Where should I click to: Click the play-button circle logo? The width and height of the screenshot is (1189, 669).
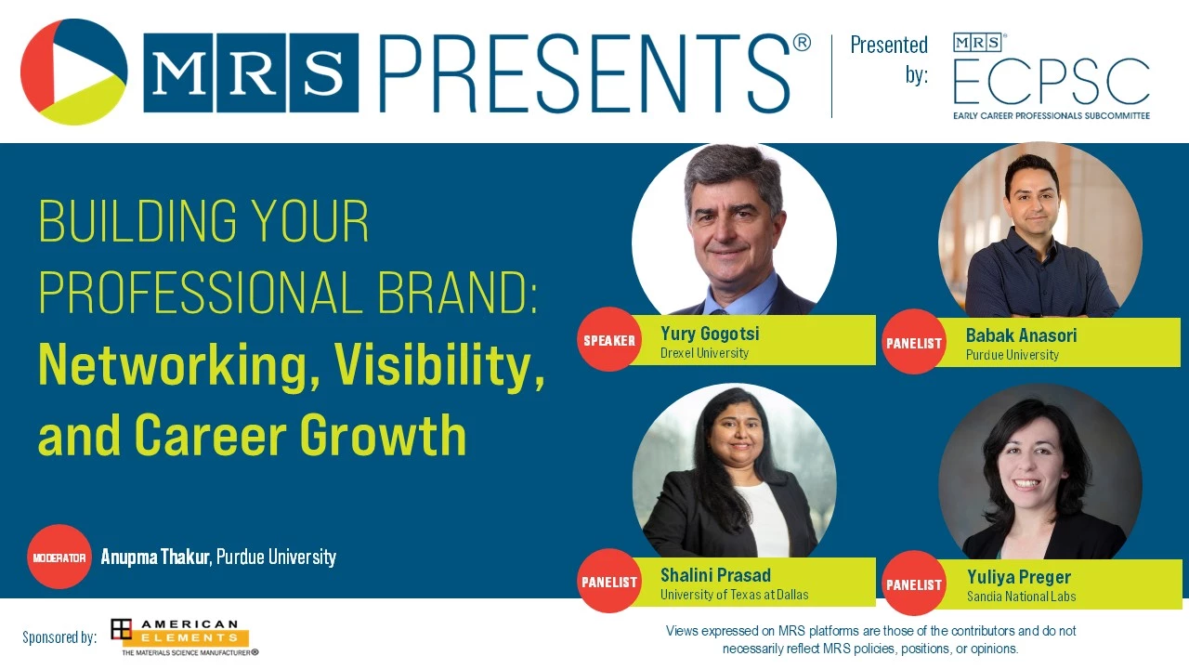pyautogui.click(x=73, y=72)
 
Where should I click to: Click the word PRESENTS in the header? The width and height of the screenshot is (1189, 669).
pyautogui.click(x=585, y=73)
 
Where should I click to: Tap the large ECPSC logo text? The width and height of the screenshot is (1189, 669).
pyautogui.click(x=1051, y=81)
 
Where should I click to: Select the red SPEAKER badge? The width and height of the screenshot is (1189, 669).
pyautogui.click(x=609, y=340)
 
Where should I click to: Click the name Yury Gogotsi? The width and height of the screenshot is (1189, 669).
pyautogui.click(x=710, y=334)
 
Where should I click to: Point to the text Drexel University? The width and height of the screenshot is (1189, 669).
pyautogui.click(x=704, y=353)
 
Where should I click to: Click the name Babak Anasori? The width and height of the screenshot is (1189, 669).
pyautogui.click(x=1021, y=335)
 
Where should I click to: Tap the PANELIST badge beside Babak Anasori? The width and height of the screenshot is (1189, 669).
pyautogui.click(x=914, y=343)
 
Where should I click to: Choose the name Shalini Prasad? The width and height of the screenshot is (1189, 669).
pyautogui.click(x=715, y=575)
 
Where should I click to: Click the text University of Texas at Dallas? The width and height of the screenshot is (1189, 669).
pyautogui.click(x=734, y=595)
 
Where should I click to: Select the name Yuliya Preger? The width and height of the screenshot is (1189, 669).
pyautogui.click(x=1019, y=577)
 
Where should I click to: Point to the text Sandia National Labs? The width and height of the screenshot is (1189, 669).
pyautogui.click(x=1021, y=597)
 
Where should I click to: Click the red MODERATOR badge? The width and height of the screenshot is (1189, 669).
pyautogui.click(x=59, y=557)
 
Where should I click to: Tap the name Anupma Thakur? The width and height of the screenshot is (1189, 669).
pyautogui.click(x=155, y=557)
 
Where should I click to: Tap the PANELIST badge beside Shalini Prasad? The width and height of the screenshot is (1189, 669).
pyautogui.click(x=609, y=582)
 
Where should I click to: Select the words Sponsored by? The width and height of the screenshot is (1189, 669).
pyautogui.click(x=59, y=637)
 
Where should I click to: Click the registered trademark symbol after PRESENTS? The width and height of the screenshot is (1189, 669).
pyautogui.click(x=802, y=43)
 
